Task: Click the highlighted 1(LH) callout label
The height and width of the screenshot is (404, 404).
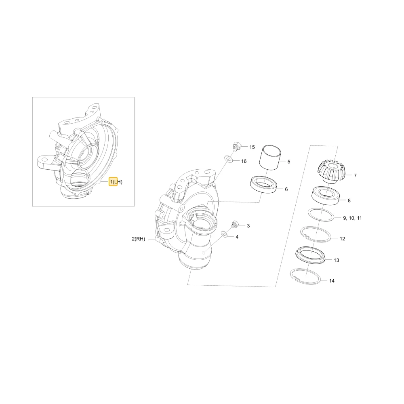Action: coord(116,182)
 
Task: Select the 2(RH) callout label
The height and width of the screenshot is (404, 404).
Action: coord(138,239)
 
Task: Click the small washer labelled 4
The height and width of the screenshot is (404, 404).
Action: coord(224,234)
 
